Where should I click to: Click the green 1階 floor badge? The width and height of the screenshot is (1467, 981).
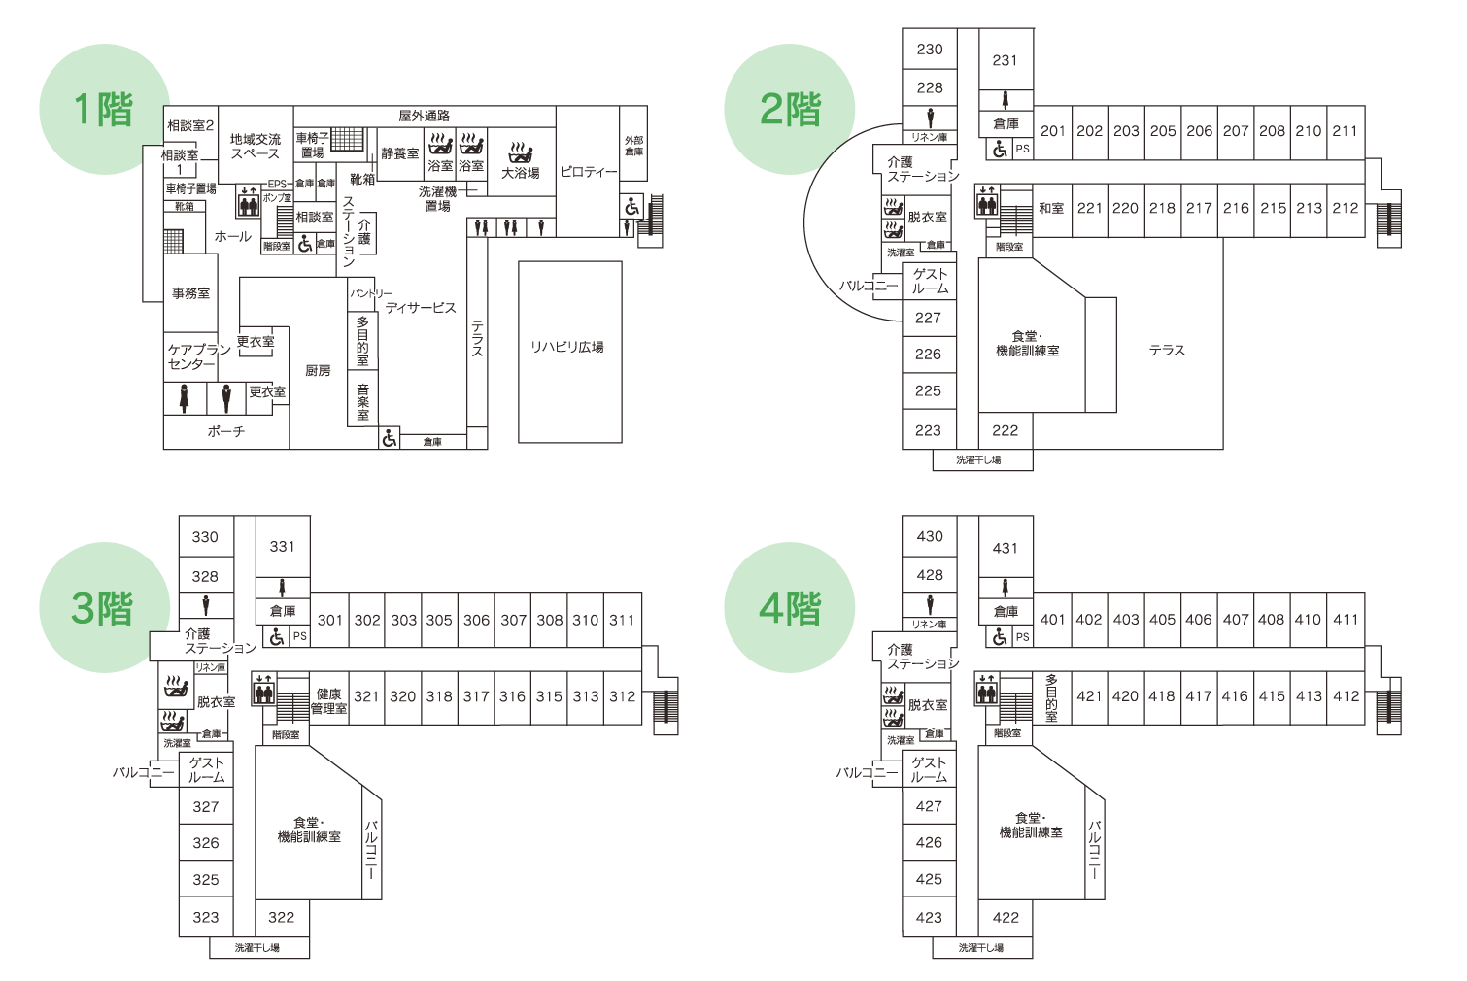point(103,109)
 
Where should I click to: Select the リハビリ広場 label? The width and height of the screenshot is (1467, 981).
point(567,347)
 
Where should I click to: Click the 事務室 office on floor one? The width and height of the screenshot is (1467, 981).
point(190,293)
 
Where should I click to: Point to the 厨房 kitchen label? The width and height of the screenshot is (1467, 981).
point(318,371)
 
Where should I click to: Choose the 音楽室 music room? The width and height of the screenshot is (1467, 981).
point(362,401)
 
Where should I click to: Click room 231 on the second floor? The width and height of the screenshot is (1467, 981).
point(1005,60)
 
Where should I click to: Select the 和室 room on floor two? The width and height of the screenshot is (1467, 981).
point(1051,209)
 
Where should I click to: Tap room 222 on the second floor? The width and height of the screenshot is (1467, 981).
point(1005,430)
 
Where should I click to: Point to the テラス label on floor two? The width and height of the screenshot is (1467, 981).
point(1167,351)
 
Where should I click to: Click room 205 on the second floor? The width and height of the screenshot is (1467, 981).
point(1163,131)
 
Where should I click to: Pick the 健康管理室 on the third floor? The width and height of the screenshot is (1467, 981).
point(328,701)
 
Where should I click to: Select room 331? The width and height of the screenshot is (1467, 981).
point(282,547)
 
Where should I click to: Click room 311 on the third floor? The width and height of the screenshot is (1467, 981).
point(622,620)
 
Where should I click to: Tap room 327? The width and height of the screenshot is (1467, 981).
point(206,807)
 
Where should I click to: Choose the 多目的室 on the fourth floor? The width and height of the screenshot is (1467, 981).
point(1051,697)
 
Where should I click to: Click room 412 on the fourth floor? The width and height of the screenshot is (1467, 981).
point(1346,696)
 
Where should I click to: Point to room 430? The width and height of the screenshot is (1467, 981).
point(930,536)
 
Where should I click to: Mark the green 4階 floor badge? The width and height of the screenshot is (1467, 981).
point(789,608)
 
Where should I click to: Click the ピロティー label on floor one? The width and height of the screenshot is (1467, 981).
point(588,172)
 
